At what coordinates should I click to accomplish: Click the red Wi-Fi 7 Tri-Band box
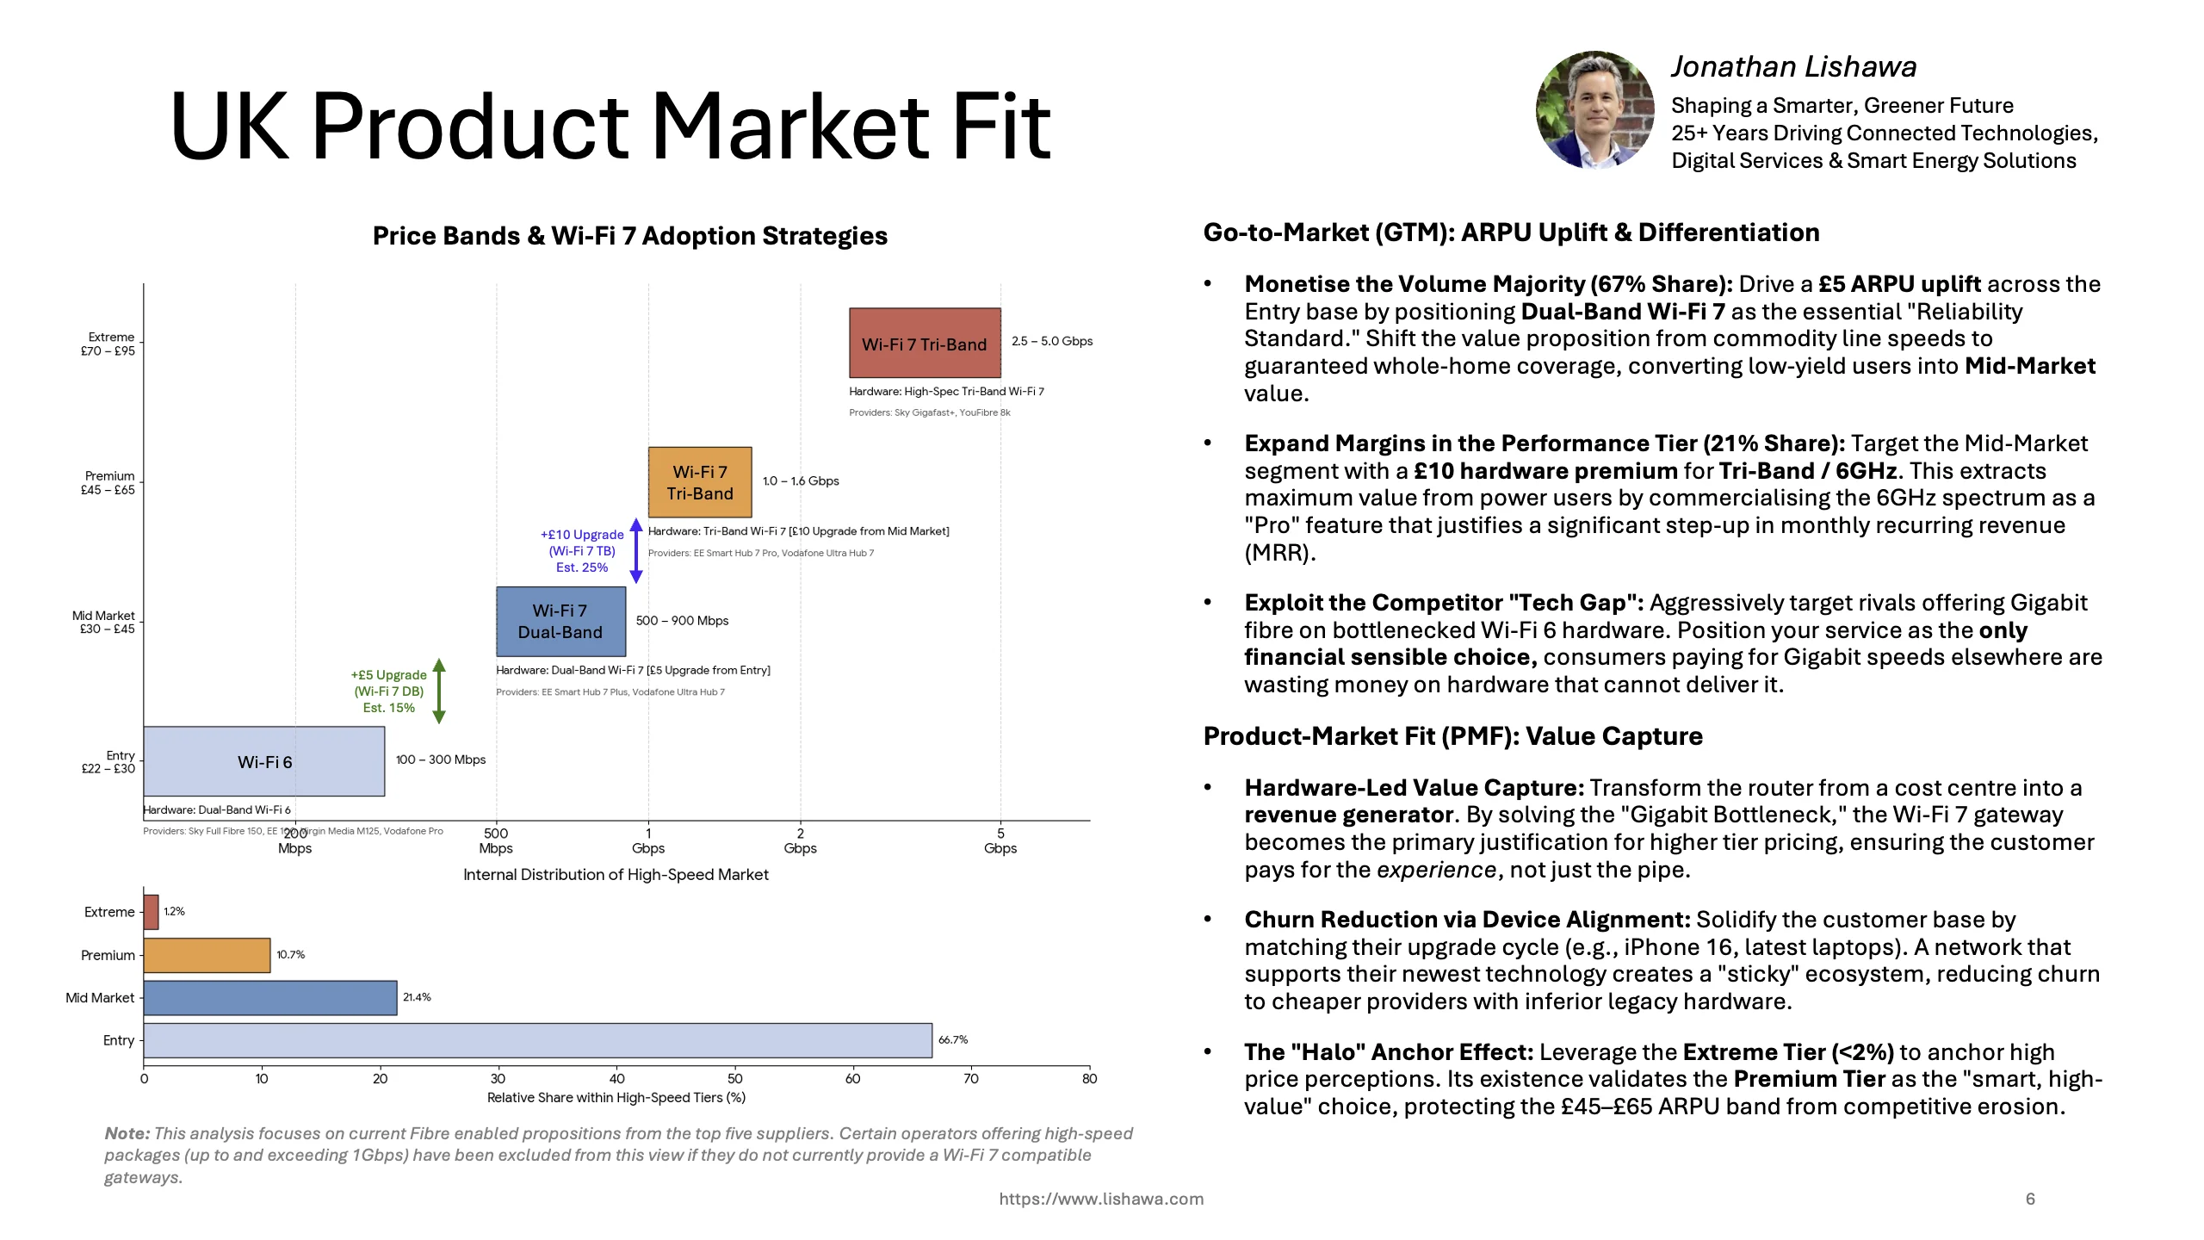click(924, 343)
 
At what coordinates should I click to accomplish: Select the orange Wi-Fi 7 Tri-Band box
click(699, 481)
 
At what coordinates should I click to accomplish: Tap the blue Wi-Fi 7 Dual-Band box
click(560, 621)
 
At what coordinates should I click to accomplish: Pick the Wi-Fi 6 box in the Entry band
click(263, 761)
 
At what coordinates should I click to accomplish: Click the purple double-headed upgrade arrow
click(636, 550)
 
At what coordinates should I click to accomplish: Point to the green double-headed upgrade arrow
click(439, 691)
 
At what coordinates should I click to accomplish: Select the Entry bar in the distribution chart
click(537, 1040)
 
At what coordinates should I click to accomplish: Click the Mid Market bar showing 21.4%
click(269, 997)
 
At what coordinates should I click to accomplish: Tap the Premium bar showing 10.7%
click(207, 955)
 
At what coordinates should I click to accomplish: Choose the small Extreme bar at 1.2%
click(151, 912)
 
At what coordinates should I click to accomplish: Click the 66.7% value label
click(953, 1040)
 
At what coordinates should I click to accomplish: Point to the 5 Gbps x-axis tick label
click(1000, 840)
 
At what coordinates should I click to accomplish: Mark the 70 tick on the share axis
click(971, 1079)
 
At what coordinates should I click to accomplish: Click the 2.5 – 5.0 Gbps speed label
click(1052, 341)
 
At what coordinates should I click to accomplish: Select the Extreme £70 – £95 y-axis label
click(108, 344)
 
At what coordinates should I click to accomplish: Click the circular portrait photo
click(1595, 110)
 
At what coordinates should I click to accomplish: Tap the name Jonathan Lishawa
click(1794, 67)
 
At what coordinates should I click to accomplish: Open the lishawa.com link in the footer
click(1101, 1199)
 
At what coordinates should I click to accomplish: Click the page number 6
click(2030, 1199)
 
